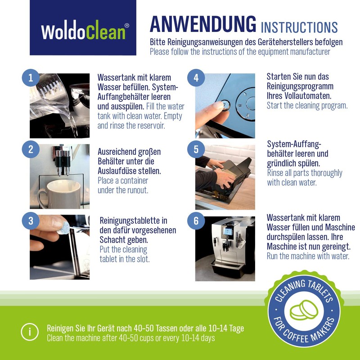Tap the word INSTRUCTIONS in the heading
coord(299,27)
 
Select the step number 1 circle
coord(31,78)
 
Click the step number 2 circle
coord(31,149)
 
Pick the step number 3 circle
coord(31,220)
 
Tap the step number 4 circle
coord(196,78)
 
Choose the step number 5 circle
coord(196,149)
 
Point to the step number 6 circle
coord(196,221)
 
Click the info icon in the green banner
coord(30,333)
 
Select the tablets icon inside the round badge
coord(302,311)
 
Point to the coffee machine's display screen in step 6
coord(228,232)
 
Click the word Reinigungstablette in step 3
coord(133,220)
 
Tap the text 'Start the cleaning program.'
coord(307,106)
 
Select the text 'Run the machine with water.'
coord(308,256)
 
